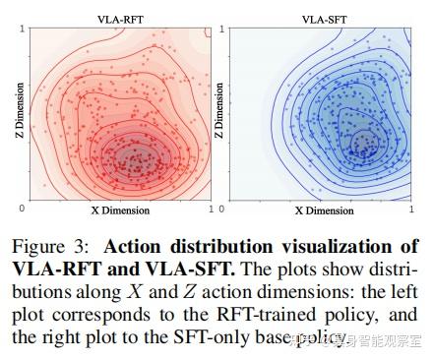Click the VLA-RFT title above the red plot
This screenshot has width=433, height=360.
(117, 19)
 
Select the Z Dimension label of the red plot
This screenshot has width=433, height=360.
(14, 115)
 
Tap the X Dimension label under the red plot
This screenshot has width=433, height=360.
(117, 210)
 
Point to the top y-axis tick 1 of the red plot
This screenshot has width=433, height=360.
(22, 30)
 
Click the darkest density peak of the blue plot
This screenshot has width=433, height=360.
(365, 143)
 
